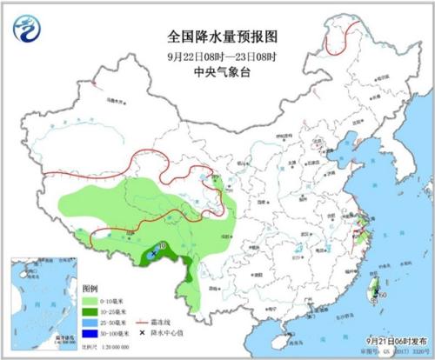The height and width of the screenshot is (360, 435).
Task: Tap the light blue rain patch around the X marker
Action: point(157,256)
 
